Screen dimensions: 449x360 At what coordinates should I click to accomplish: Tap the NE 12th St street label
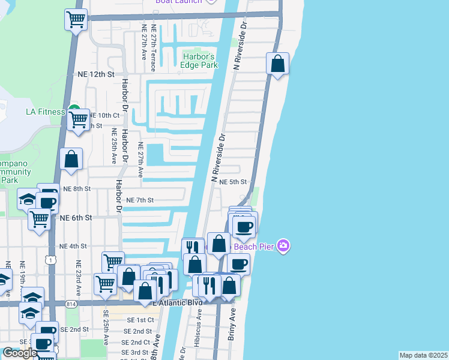(96, 74)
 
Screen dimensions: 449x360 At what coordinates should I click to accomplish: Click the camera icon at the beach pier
(284, 246)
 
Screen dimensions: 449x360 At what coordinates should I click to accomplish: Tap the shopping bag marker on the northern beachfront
(277, 64)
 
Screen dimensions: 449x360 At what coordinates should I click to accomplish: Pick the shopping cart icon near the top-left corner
(76, 20)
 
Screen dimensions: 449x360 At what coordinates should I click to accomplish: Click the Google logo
(19, 353)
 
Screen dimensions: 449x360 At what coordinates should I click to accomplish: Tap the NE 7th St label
(140, 200)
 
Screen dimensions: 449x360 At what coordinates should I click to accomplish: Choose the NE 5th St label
(234, 182)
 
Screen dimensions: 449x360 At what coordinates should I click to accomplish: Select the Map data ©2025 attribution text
(423, 355)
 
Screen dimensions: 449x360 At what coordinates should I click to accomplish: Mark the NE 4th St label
(73, 246)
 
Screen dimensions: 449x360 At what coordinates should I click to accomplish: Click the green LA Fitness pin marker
(74, 109)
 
